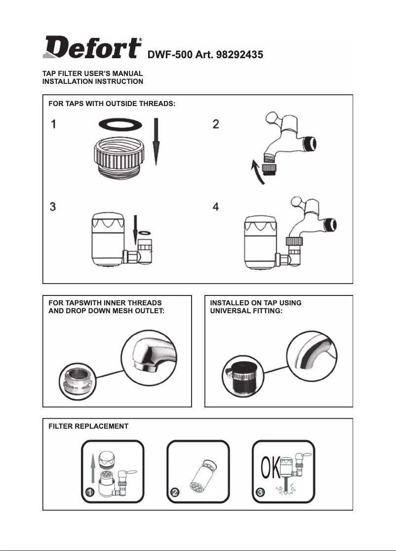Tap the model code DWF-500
point(169,54)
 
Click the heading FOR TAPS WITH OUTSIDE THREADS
point(112,104)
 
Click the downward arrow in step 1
point(156,143)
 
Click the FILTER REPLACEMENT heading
point(88,426)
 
